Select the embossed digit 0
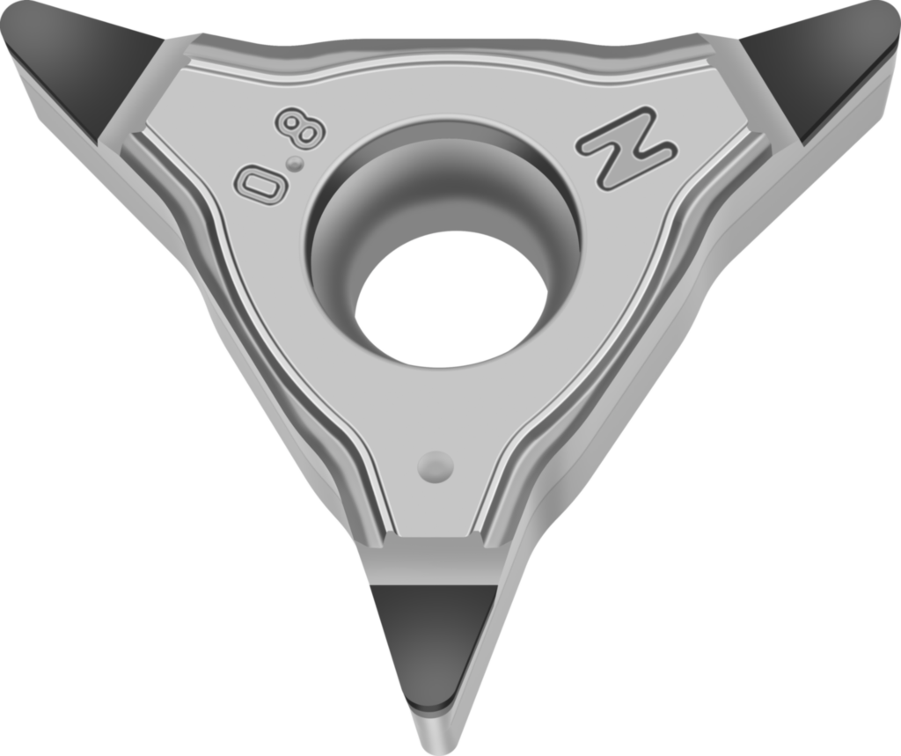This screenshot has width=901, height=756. (260, 185)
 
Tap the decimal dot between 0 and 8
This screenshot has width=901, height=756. (296, 164)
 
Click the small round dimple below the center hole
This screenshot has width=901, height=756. (436, 466)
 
